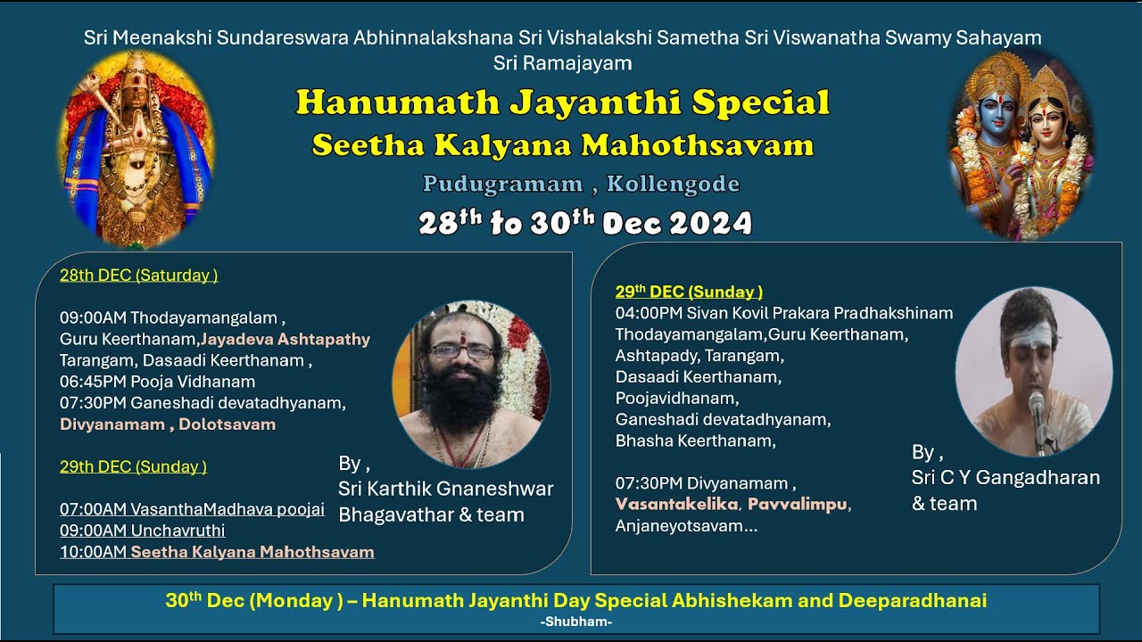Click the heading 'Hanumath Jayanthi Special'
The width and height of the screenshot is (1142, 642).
563,103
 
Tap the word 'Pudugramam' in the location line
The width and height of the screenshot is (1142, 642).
503,184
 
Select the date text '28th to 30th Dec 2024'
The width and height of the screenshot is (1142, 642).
585,223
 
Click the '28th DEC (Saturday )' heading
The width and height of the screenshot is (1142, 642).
139,276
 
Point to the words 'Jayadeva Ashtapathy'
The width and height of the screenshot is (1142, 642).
285,340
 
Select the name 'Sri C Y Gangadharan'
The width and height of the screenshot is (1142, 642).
1005,478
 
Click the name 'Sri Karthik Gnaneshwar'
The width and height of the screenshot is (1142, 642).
445,489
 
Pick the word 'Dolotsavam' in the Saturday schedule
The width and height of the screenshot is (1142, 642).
227,424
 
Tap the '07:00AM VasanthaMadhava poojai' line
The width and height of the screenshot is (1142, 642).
192,509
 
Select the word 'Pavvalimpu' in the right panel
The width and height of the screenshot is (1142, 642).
797,505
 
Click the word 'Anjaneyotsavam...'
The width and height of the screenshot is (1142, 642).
686,526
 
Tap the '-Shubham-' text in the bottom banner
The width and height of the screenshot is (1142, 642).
575,621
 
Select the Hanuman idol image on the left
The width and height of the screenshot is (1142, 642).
137,148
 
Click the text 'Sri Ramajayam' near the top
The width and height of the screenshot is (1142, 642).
562,63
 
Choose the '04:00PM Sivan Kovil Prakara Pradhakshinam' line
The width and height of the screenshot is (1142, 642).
783,313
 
